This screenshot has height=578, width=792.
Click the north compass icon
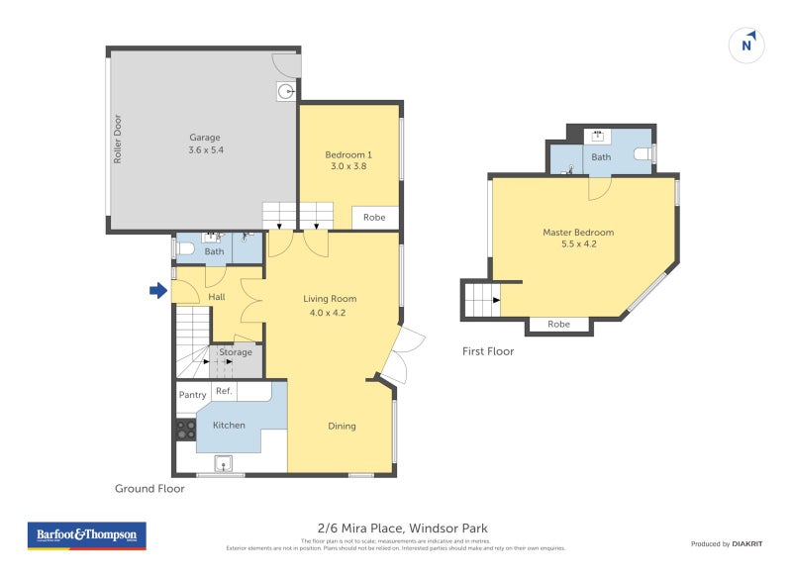point(748,44)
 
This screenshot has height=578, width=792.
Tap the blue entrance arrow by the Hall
point(157,290)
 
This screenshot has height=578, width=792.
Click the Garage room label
point(205,138)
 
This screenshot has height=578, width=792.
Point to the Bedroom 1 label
point(348,154)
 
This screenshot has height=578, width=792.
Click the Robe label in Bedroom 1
point(374,217)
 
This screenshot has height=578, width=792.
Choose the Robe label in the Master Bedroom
point(559,324)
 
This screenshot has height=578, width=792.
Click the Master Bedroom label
point(578,233)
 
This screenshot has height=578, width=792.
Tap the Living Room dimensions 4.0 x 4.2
point(328,313)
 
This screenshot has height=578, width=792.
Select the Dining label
point(342,427)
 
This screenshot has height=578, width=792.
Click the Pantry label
point(192,395)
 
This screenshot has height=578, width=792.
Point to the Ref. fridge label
point(224,391)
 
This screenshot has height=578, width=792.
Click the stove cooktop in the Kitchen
point(184,430)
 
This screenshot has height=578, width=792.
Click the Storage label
point(236,352)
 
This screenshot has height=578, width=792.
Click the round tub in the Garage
point(285,92)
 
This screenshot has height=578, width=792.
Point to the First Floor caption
point(488,351)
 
